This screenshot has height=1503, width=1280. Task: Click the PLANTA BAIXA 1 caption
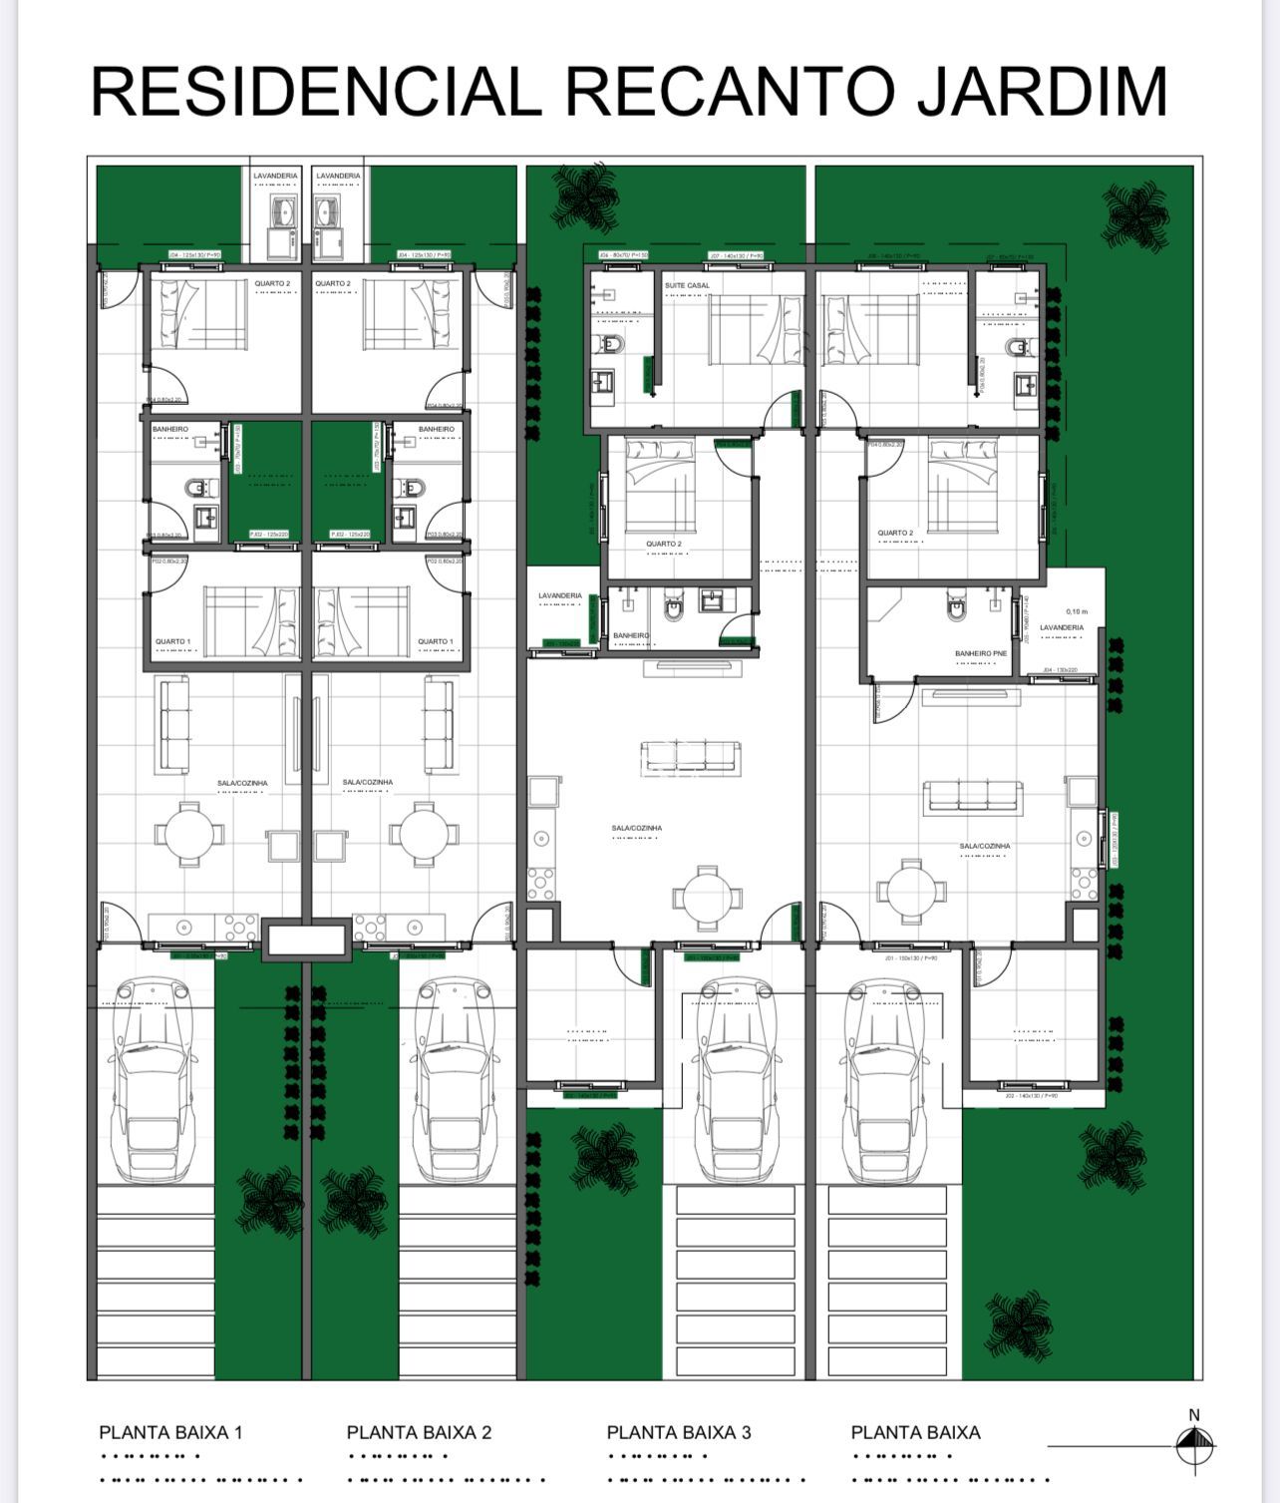pos(170,1432)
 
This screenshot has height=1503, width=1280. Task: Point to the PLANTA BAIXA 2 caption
pos(419,1432)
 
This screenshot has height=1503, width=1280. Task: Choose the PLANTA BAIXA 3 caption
pos(679,1432)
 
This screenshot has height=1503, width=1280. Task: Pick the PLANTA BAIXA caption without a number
pos(915,1432)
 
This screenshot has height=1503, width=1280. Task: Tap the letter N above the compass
pos(1194,1414)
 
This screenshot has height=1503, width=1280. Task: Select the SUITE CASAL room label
pos(688,285)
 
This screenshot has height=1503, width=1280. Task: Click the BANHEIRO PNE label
pos(981,653)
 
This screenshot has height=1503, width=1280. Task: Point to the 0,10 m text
pos(1078,611)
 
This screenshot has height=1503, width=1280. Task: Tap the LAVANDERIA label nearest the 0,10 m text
pos(1062,628)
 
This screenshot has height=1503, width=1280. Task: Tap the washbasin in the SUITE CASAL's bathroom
pos(602,383)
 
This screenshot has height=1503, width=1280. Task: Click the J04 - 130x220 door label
pos(1060,670)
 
